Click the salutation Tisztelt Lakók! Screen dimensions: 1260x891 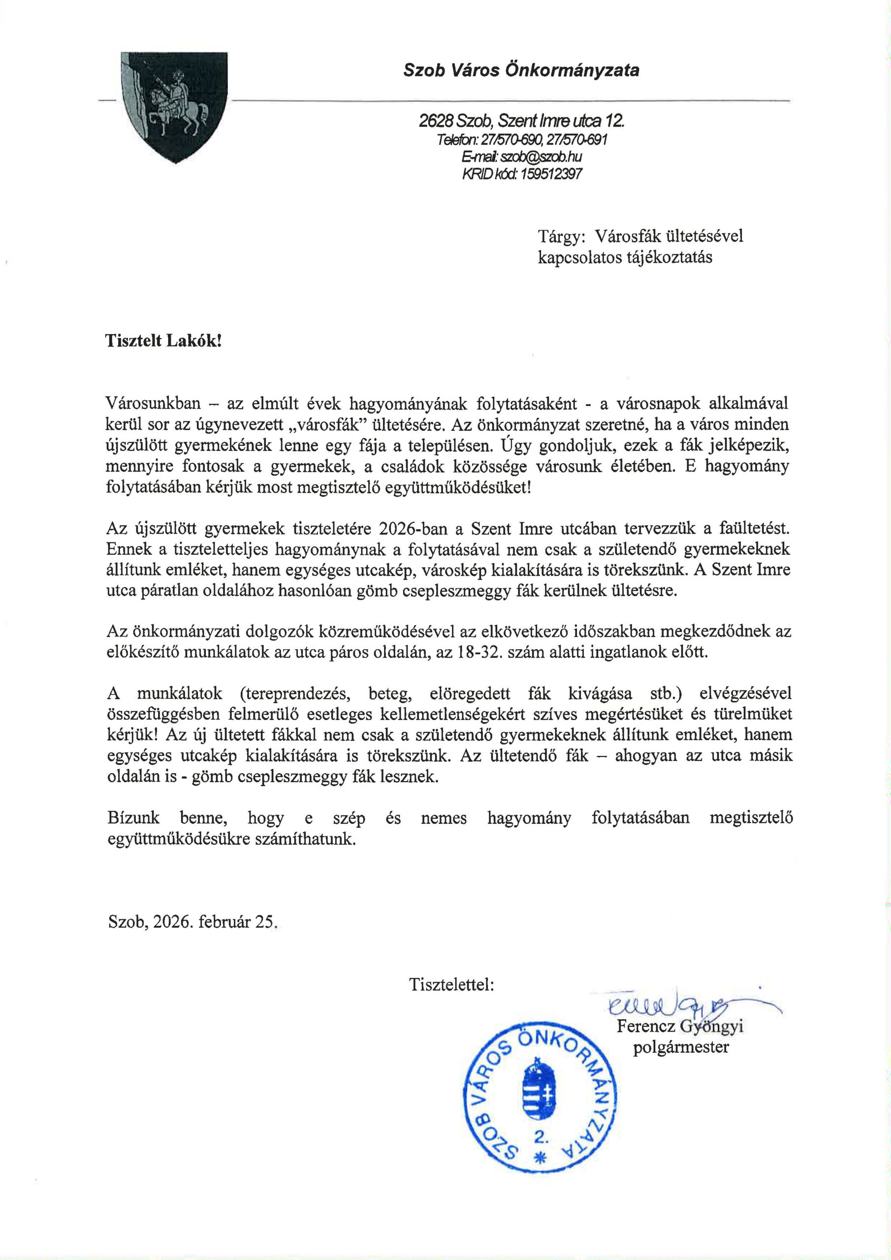point(163,341)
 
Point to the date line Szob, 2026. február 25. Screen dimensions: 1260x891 point(192,921)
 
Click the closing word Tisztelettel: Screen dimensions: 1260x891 point(451,984)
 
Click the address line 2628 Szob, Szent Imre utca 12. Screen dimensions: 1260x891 point(521,120)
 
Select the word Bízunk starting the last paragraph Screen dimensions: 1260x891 point(134,818)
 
